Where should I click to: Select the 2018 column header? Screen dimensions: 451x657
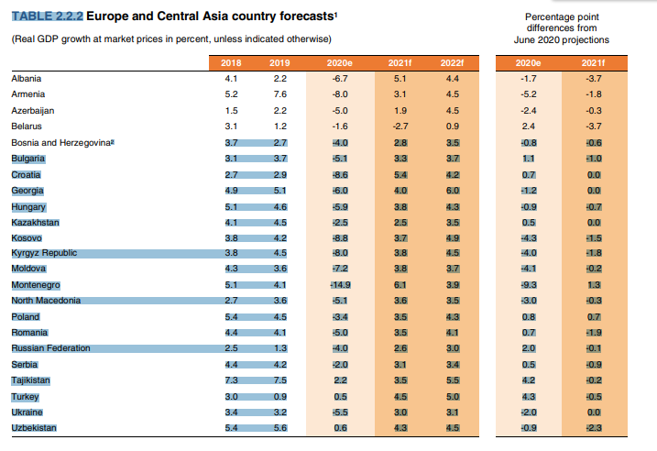231,62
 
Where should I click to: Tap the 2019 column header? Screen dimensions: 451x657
279,62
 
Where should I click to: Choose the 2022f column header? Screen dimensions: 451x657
452,62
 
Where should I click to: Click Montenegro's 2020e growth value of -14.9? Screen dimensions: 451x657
339,285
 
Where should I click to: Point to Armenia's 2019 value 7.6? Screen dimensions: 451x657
280,94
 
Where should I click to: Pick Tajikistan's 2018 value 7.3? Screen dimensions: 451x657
231,379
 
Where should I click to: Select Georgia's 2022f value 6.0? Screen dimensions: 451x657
452,191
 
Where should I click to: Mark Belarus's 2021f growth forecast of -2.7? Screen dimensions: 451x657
400,126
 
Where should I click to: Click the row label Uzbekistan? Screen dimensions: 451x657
33,428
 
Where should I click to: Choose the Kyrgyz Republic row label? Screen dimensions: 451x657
43,253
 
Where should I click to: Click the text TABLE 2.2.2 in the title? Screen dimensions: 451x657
46,16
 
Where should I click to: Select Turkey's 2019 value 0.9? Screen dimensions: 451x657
280,396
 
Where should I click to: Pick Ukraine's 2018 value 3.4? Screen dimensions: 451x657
231,412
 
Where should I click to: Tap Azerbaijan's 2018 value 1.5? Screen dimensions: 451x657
231,110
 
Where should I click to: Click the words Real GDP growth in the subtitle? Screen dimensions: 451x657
50,38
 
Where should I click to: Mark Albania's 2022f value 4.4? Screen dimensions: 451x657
452,79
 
